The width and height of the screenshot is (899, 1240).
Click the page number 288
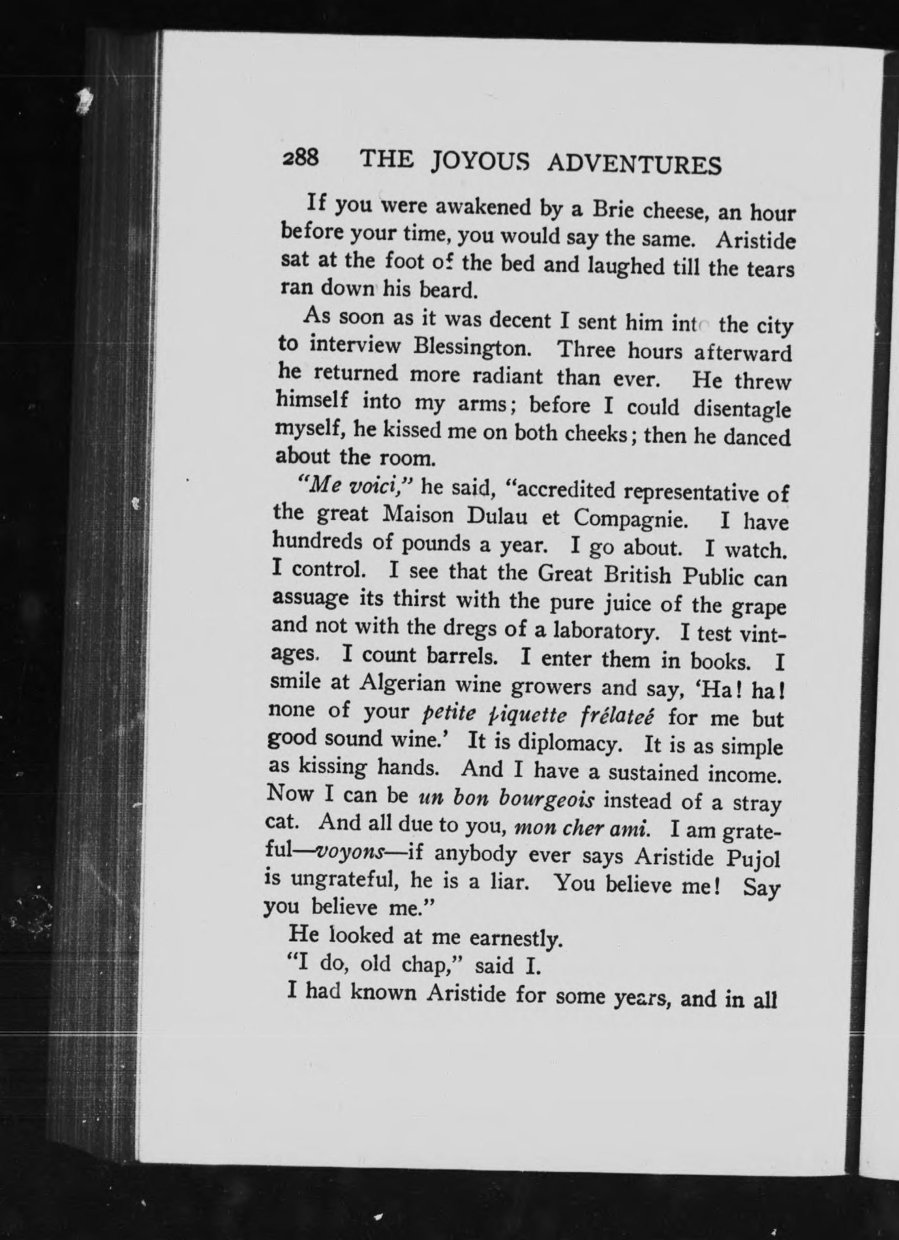[x=299, y=159]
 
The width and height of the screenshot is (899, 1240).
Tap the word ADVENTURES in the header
[x=633, y=166]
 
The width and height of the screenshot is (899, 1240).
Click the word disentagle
[x=742, y=410]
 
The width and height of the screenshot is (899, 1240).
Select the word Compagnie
[x=629, y=519]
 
